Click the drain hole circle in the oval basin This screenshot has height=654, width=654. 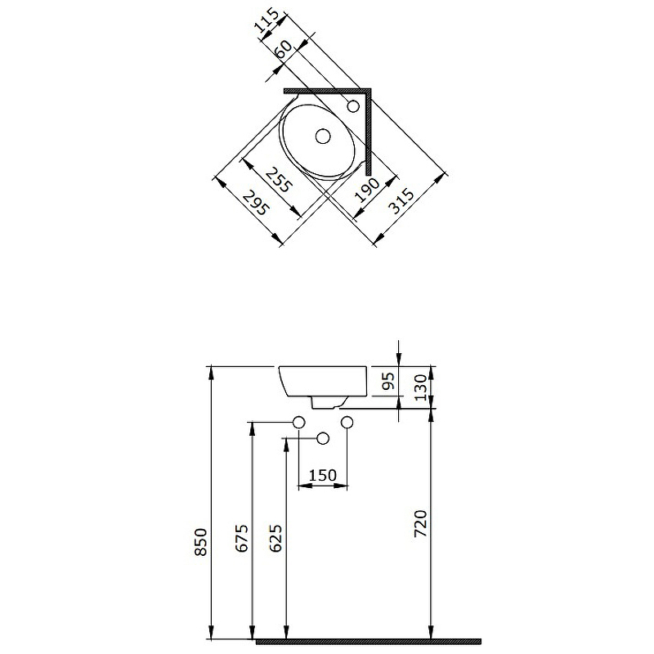[x=323, y=136]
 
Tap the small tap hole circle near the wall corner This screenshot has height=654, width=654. [x=354, y=105]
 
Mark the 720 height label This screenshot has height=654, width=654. [x=420, y=523]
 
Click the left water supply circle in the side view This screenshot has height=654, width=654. [x=299, y=422]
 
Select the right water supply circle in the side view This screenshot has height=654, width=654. [x=347, y=422]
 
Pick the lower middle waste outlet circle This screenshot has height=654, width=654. [x=323, y=439]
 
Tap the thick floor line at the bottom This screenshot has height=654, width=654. [x=368, y=641]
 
